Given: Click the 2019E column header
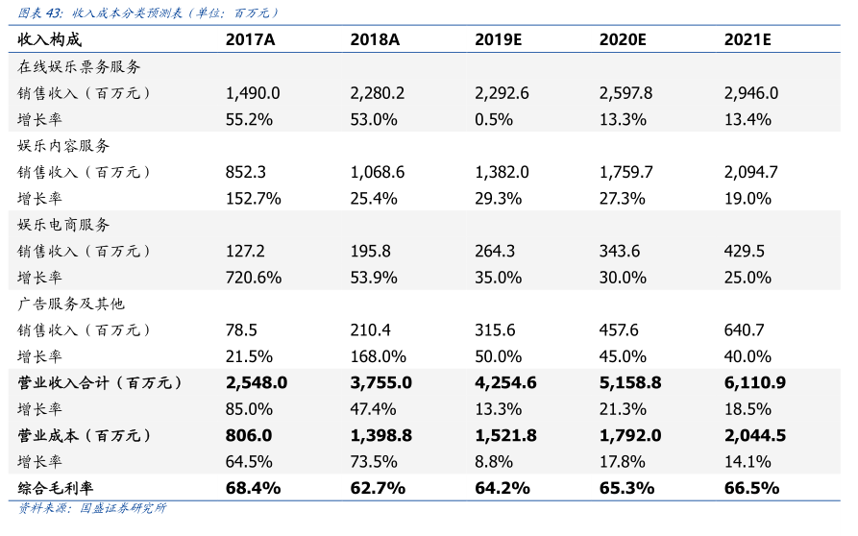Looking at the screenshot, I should click(x=498, y=39).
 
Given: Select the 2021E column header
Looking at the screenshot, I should click(x=748, y=39).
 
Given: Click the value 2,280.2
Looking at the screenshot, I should click(x=378, y=93).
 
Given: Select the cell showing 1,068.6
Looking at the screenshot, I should click(x=378, y=172).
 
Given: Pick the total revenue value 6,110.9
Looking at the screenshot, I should click(x=755, y=382).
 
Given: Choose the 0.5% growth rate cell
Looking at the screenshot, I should click(x=494, y=119).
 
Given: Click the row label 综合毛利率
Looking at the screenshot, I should click(x=57, y=488).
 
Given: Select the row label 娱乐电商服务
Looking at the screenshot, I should click(x=64, y=225).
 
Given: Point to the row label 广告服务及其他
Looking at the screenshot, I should click(x=71, y=304).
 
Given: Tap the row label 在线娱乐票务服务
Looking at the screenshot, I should click(x=79, y=67).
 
